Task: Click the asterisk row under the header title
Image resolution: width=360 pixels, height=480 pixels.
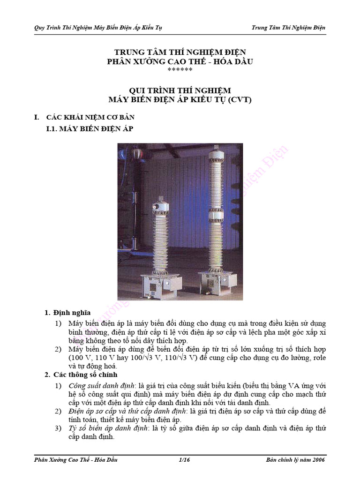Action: tap(180, 70)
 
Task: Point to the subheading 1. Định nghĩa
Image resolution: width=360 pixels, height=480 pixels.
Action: tap(67, 313)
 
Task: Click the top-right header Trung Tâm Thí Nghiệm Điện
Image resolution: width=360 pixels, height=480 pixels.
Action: tap(288, 28)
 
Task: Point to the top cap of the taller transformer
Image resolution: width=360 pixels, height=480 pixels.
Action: tap(217, 153)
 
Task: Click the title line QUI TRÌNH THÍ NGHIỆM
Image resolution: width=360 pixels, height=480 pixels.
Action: tap(180, 90)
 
